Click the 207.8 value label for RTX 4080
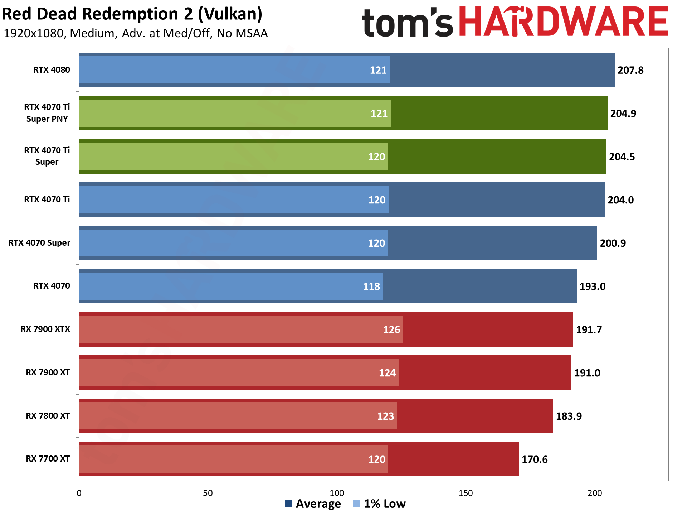tap(630, 70)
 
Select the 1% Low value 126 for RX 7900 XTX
tap(391, 330)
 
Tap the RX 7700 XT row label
tap(48, 459)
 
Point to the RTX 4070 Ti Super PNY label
tap(47, 113)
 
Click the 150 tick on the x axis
tap(465, 493)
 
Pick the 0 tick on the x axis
tap(79, 493)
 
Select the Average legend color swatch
tap(288, 504)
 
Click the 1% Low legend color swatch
tap(356, 504)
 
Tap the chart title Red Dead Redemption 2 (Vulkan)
tap(132, 14)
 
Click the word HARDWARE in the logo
tap(563, 22)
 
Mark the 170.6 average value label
tap(535, 459)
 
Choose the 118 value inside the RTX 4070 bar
tap(371, 286)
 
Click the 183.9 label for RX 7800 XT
tap(569, 416)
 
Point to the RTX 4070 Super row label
tap(39, 243)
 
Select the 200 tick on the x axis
tap(594, 493)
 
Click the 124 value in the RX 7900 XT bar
tap(387, 373)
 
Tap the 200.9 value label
tap(613, 243)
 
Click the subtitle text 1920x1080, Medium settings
tap(136, 33)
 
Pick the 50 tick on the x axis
tap(208, 493)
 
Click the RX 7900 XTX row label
tap(45, 329)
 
